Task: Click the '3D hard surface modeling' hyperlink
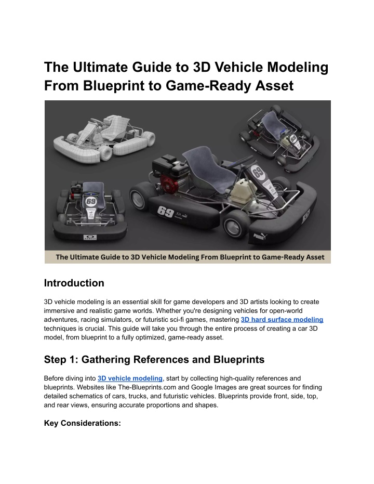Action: (282, 320)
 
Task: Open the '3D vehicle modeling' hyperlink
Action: (130, 378)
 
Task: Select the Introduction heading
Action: (74, 283)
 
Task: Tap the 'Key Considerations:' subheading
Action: (82, 423)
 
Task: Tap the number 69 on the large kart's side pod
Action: (165, 212)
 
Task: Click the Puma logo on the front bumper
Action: (260, 237)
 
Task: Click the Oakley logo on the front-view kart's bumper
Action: (90, 238)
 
